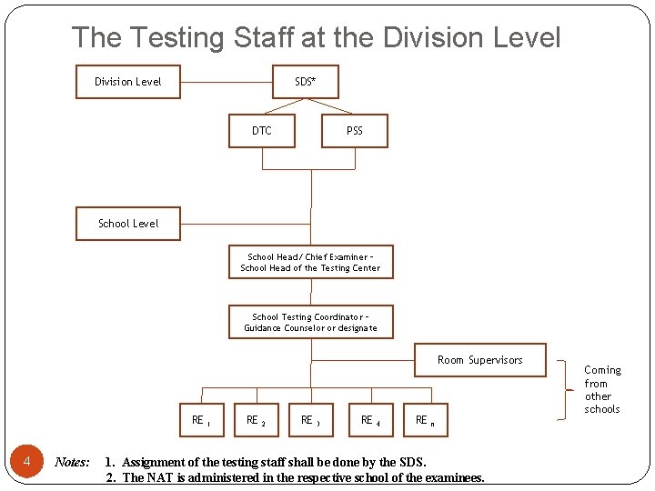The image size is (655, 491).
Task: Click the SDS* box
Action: (x=306, y=82)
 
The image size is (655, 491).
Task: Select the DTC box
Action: (x=262, y=131)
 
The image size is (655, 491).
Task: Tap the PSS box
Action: (x=355, y=131)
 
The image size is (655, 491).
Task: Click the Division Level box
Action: (x=127, y=82)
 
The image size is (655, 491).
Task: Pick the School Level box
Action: (x=128, y=224)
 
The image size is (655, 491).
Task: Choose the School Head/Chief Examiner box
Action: (x=310, y=263)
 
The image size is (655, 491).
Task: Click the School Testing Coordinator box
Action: (x=310, y=322)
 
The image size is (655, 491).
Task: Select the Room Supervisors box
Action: (x=480, y=360)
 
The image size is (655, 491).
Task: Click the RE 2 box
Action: (x=257, y=420)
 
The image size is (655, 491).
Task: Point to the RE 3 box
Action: (x=311, y=420)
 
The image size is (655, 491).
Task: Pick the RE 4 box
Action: (x=371, y=420)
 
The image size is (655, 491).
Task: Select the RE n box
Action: (x=426, y=420)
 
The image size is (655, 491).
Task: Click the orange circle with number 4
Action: (x=27, y=463)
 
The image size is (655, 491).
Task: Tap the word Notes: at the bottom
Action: (x=72, y=462)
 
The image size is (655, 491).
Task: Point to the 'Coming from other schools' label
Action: (x=602, y=389)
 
